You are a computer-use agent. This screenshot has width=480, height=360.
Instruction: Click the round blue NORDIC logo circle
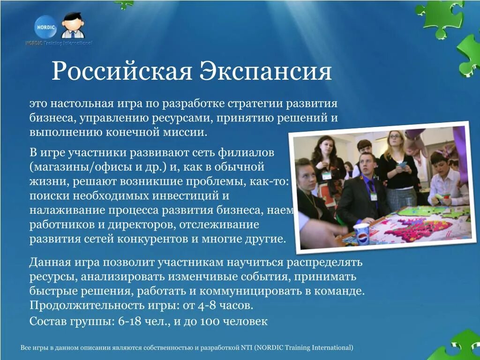point(45,28)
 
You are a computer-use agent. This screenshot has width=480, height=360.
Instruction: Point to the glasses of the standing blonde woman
point(395,137)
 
